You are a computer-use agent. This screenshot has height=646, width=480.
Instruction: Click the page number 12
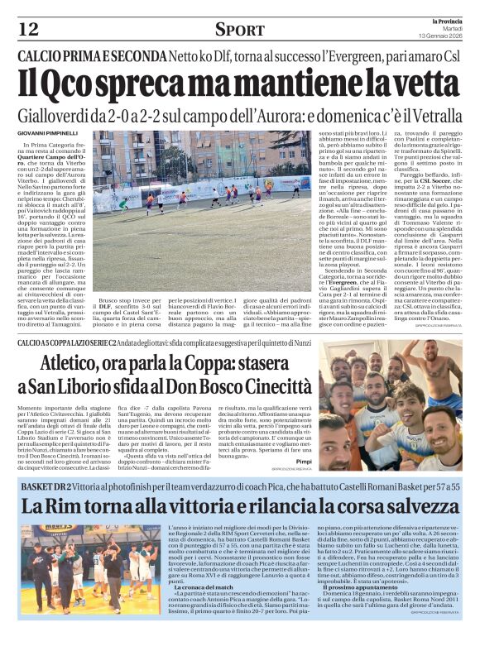point(28,29)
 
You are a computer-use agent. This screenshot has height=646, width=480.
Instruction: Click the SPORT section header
point(240,30)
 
